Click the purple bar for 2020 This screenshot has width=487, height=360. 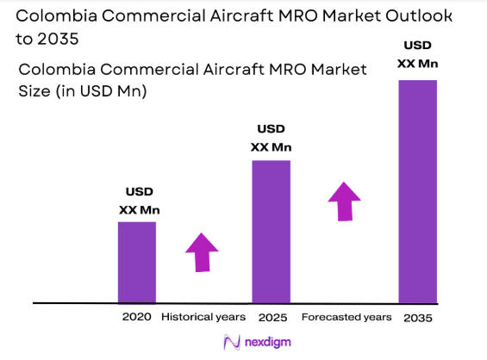click(137, 262)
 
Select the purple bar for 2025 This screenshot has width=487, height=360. click(271, 232)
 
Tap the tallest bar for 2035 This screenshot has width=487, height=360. click(417, 191)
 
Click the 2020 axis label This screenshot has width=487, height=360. click(137, 317)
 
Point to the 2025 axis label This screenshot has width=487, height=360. click(271, 317)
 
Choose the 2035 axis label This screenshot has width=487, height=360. click(417, 318)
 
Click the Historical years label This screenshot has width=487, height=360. click(203, 317)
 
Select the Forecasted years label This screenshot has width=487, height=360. click(347, 317)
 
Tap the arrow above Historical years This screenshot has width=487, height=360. click(203, 252)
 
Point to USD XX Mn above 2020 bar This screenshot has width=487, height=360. click(139, 201)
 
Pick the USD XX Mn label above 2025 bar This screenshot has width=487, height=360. click(271, 139)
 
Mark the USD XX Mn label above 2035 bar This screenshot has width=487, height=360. click(416, 54)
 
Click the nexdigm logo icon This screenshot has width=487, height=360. click(231, 342)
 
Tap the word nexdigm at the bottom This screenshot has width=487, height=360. click(266, 343)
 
